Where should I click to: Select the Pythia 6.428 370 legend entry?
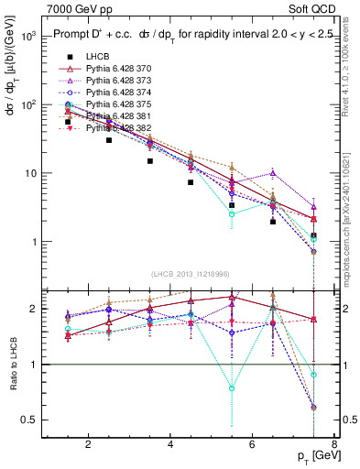(x=125, y=70)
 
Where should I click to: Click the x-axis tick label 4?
(x=171, y=446)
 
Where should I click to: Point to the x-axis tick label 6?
(x=254, y=446)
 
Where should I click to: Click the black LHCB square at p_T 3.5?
(x=150, y=161)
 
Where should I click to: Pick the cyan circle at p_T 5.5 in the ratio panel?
(x=233, y=388)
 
